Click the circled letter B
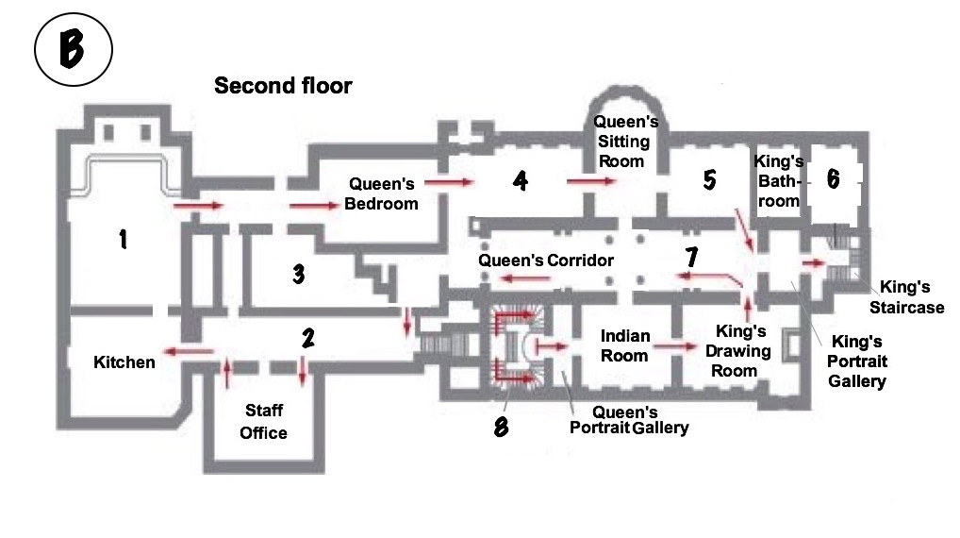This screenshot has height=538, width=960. [74, 49]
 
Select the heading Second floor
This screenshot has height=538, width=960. [283, 86]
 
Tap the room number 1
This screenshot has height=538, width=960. [123, 239]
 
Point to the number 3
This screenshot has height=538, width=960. [299, 274]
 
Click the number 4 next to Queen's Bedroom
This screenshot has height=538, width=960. [521, 181]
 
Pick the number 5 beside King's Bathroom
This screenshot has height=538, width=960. [709, 180]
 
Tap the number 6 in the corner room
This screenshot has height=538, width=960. [834, 179]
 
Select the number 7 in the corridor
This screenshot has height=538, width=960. [692, 257]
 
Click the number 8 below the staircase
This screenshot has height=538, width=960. [502, 427]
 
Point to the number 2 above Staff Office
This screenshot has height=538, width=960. [308, 338]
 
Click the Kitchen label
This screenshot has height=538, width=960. [124, 362]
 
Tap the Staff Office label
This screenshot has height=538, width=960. [263, 422]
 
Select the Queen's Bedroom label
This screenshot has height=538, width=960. [381, 193]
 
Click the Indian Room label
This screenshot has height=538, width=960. [624, 345]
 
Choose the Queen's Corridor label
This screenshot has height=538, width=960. [545, 261]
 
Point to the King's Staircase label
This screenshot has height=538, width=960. [907, 296]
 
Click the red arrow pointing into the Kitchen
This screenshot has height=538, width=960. [189, 351]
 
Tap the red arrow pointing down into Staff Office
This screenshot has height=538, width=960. [303, 371]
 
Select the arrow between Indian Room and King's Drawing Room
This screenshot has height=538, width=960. [674, 346]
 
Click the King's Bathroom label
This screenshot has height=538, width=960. [778, 181]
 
